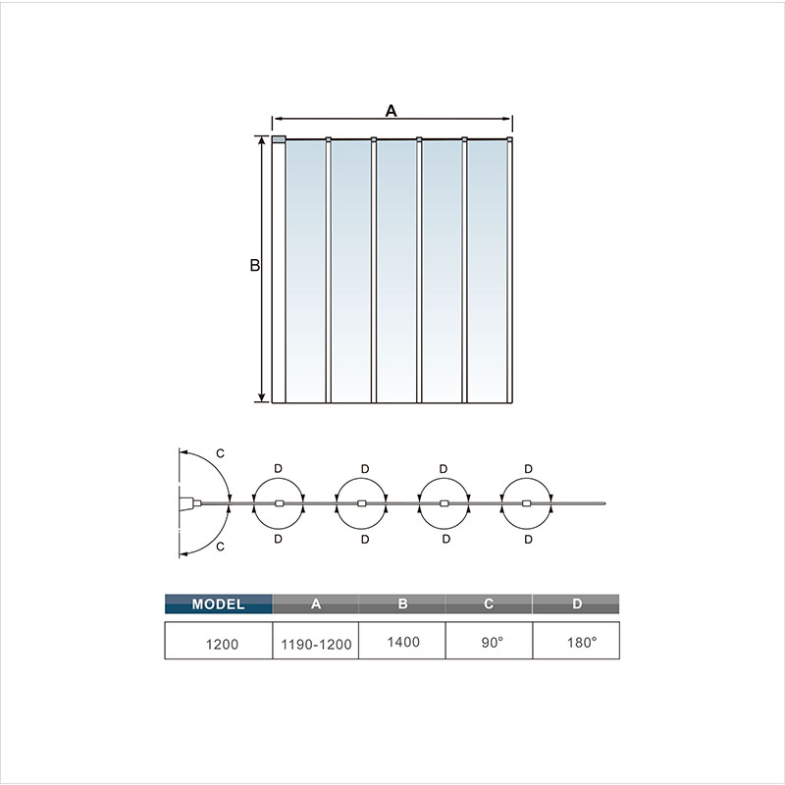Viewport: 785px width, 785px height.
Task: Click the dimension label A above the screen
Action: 391,111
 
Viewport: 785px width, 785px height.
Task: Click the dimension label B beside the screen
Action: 253,266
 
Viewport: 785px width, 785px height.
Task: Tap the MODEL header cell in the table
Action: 218,604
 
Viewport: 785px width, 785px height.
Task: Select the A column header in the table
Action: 316,604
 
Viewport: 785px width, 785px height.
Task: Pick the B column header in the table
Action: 402,604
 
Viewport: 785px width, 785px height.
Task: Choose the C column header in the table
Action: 489,604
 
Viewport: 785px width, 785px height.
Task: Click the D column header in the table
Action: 576,604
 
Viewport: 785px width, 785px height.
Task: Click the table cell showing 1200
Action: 218,643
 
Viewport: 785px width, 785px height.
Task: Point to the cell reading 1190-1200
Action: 316,643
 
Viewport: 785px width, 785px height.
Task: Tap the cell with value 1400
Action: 402,643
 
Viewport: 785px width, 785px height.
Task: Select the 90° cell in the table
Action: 489,643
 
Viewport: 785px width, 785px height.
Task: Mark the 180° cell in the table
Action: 576,643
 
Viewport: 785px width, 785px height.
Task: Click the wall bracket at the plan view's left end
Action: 186,504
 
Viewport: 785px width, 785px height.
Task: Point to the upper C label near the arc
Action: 220,453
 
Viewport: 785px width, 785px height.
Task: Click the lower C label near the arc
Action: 220,546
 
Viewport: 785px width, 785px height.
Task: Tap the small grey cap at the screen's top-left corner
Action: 279,139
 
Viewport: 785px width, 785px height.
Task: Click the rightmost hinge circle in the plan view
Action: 527,503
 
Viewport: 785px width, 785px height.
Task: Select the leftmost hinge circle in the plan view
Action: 280,503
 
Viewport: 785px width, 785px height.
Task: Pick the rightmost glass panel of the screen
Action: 487,270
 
